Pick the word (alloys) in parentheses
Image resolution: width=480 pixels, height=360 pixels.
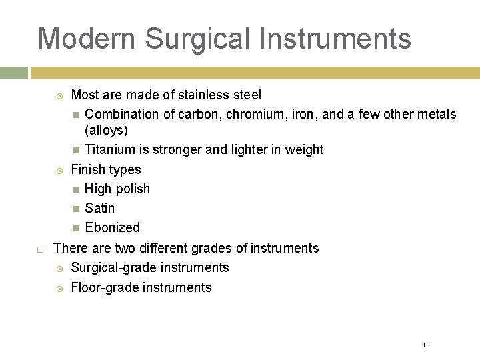[106, 129]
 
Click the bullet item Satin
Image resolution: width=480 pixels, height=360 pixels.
[100, 208]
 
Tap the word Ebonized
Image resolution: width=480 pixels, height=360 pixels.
[112, 227]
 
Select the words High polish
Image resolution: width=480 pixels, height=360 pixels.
[117, 189]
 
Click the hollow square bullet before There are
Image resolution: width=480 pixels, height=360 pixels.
[40, 249]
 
